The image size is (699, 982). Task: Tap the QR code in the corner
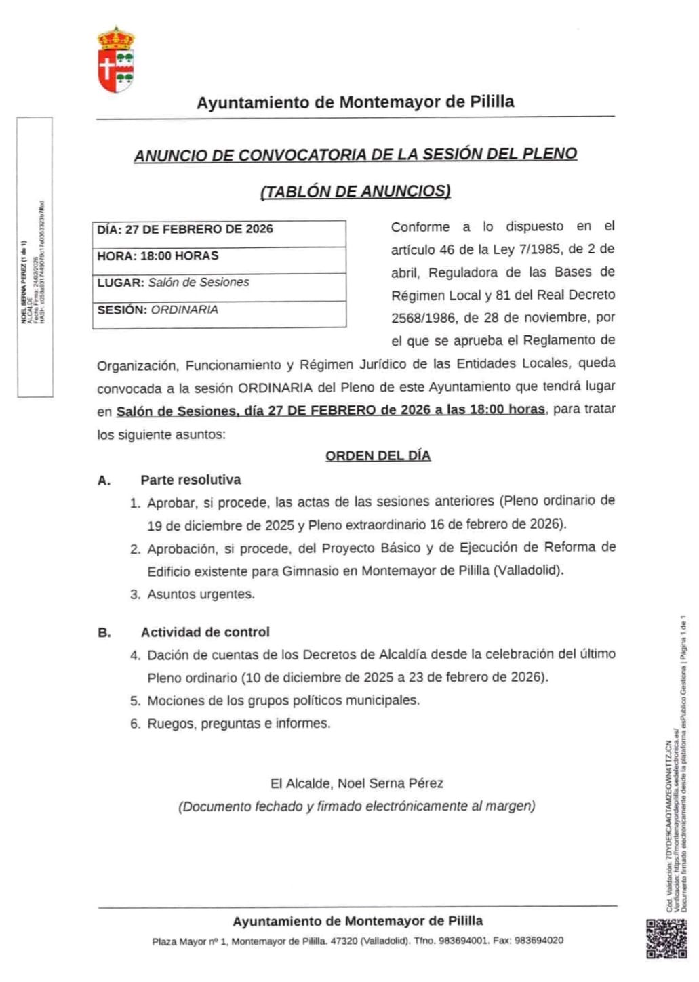[x=663, y=938]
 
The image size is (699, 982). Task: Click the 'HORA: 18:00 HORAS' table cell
[x=219, y=256]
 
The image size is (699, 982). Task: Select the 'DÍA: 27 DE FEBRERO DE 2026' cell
[x=219, y=230]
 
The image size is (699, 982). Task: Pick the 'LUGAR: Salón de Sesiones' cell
[x=219, y=283]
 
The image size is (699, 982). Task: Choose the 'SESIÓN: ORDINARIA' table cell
[x=219, y=310]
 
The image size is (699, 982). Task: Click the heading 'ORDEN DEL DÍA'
[x=378, y=456]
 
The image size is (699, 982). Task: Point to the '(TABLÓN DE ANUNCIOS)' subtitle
[x=355, y=192]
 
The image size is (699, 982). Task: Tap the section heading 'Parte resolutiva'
[x=191, y=480]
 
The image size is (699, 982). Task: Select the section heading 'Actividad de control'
[x=205, y=632]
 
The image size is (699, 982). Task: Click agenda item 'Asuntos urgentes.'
[x=201, y=594]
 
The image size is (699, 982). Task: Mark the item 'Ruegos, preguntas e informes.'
[x=239, y=724]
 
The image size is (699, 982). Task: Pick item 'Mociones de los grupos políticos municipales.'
[x=283, y=701]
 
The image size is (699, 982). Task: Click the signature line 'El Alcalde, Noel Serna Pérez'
[x=357, y=783]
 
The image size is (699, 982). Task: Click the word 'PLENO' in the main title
[x=550, y=154]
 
